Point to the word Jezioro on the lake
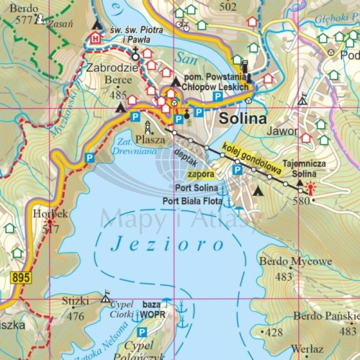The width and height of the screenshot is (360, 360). (168, 245)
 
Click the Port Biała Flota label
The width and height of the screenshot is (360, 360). (192, 201)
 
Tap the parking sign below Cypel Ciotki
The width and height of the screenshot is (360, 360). (142, 332)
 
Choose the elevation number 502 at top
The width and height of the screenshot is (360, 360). (228, 6)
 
